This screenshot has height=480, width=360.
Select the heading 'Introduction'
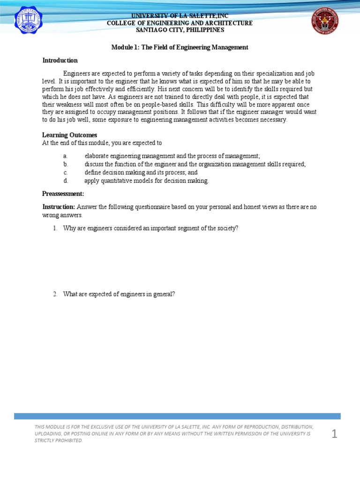click(x=60, y=60)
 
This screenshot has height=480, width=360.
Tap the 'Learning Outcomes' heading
click(x=70, y=135)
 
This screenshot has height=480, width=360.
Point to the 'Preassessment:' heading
click(x=63, y=194)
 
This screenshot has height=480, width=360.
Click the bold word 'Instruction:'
click(x=59, y=207)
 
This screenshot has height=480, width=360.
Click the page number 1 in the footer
click(x=334, y=435)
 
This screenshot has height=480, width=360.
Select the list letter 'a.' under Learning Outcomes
click(x=66, y=156)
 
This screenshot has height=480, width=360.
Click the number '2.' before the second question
click(x=55, y=294)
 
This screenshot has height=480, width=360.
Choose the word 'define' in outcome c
click(x=93, y=172)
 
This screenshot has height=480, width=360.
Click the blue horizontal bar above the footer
click(x=177, y=416)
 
